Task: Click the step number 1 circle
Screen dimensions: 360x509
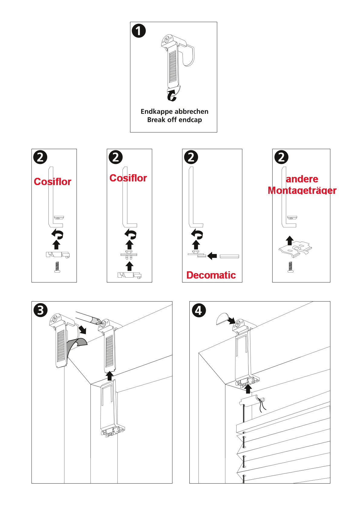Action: pyautogui.click(x=139, y=31)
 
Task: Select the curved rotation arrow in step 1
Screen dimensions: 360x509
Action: pyautogui.click(x=172, y=95)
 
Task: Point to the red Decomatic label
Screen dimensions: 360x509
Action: pyautogui.click(x=211, y=275)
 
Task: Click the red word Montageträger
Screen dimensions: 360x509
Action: pyautogui.click(x=302, y=191)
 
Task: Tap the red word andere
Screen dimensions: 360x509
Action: pyautogui.click(x=302, y=179)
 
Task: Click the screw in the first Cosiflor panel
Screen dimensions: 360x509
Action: pyautogui.click(x=57, y=267)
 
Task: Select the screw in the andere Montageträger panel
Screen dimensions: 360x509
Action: pyautogui.click(x=290, y=267)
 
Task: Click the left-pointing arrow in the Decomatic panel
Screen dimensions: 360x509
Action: pyautogui.click(x=212, y=256)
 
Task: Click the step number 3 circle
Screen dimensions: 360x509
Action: pyautogui.click(x=41, y=310)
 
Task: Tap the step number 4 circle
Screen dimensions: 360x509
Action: pyautogui.click(x=199, y=310)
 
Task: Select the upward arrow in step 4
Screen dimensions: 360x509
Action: pyautogui.click(x=248, y=389)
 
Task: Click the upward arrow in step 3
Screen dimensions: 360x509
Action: pyautogui.click(x=110, y=376)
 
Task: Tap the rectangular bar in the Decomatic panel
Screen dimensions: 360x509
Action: pyautogui.click(x=229, y=256)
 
